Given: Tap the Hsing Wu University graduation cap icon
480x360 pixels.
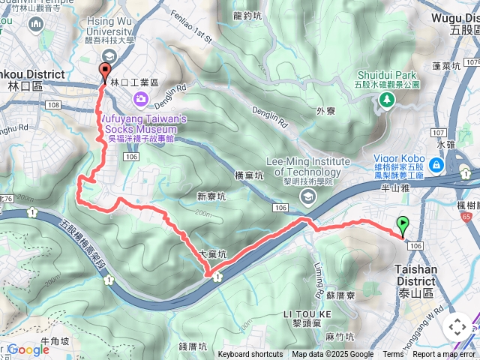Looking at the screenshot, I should coord(109,56).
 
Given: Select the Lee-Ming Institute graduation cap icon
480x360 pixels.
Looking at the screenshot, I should coord(307,196).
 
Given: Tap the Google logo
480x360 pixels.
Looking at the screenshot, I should coord(28,349).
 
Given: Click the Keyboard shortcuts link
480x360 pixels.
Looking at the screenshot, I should coord(250,355).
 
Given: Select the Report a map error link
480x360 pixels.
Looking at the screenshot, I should coord(445,355).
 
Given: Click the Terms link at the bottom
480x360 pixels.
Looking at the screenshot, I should coord(393,355).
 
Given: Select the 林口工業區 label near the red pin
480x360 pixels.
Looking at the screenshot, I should coord(135,81).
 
